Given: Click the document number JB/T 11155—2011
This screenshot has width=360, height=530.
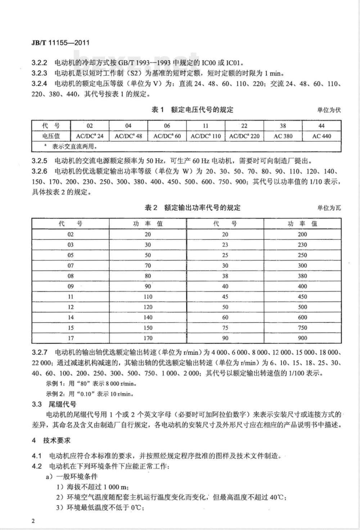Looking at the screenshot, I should tap(60, 43).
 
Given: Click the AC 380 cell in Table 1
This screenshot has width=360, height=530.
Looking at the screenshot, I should tap(283, 136).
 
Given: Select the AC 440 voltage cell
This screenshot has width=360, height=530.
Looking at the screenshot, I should tap(321, 136).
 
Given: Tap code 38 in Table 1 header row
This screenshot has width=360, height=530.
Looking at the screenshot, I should tap(283, 126).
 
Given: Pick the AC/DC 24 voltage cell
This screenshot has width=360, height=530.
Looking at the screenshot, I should tap(90, 136).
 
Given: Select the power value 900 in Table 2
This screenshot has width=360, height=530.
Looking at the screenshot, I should tap(302, 338).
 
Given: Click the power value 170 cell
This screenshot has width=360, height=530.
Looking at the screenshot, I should tap(148, 338).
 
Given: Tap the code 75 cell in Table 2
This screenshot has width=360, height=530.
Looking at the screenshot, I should tap(225, 328).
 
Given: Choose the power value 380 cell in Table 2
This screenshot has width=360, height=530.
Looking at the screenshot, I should tap(302, 276).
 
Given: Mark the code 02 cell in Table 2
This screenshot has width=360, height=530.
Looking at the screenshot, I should tap(71, 234).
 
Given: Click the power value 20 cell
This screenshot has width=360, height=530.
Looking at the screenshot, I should tap(148, 234).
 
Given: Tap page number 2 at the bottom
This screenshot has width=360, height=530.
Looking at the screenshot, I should tap(33, 522).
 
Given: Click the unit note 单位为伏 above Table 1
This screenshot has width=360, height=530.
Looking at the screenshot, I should tap(328, 110).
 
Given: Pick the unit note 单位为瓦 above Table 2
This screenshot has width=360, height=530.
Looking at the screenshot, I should tap(328, 208).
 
